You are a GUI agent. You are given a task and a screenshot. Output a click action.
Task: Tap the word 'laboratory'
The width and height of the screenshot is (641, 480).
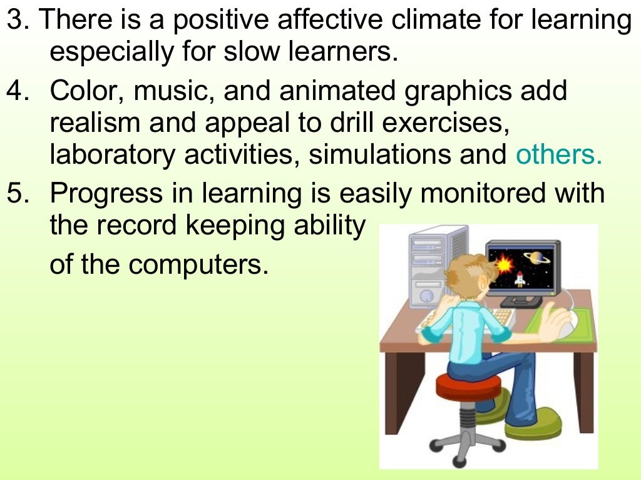113,154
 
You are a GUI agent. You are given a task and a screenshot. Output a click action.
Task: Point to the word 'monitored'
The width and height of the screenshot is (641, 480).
485,194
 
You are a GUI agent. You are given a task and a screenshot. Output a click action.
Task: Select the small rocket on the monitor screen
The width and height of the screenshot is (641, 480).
519,279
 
